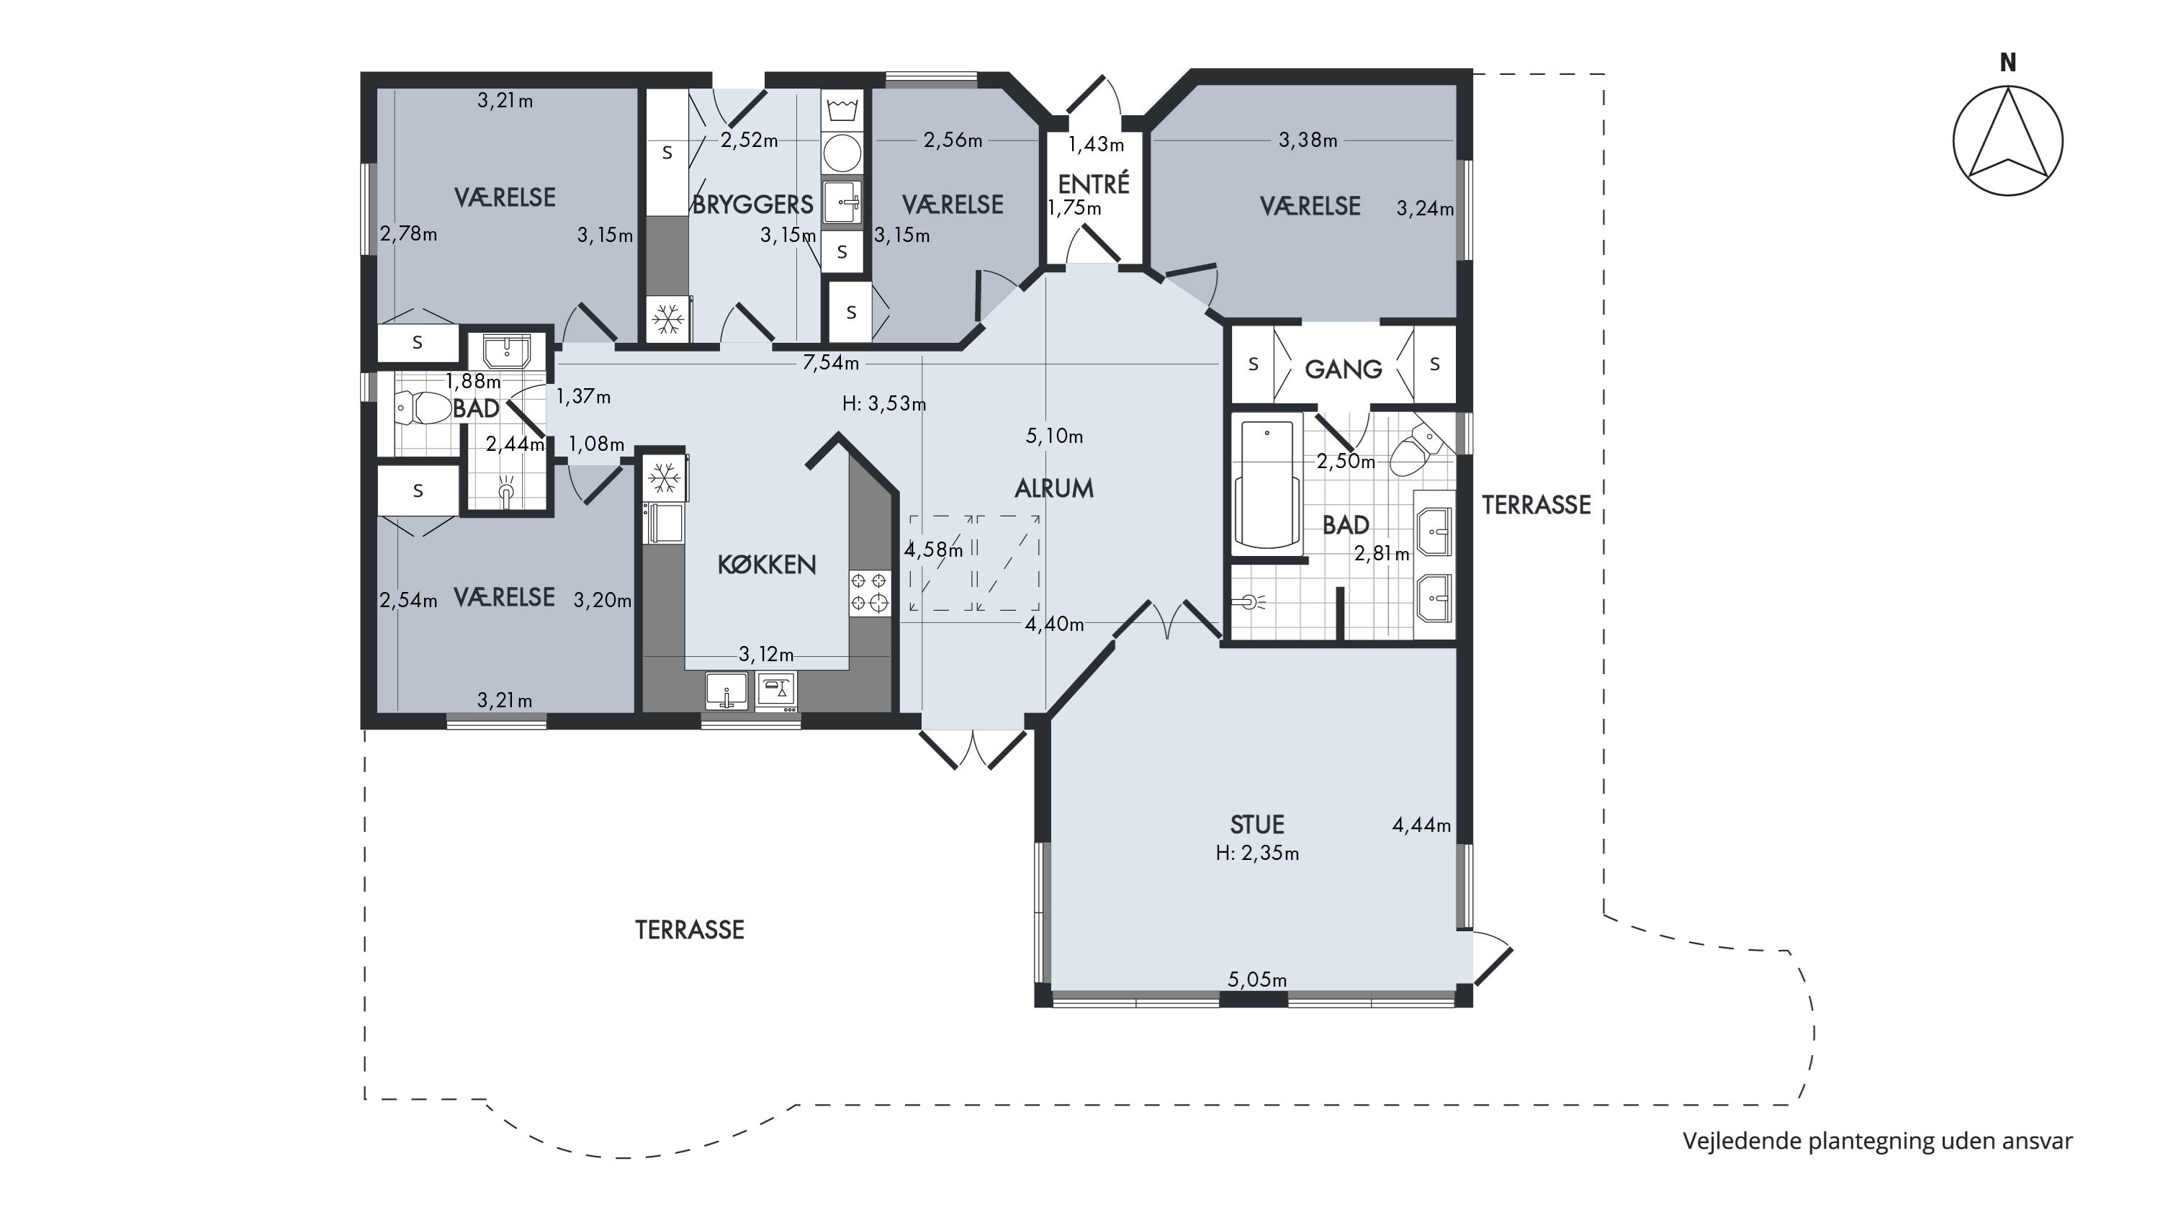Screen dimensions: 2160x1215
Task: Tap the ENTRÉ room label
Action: pyautogui.click(x=1094, y=184)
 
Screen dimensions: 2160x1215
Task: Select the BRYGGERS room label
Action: pyautogui.click(x=752, y=205)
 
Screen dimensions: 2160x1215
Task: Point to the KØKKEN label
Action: pyautogui.click(x=766, y=565)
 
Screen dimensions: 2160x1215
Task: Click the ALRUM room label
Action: pyautogui.click(x=1054, y=489)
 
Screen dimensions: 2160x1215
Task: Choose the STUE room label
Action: pyautogui.click(x=1257, y=824)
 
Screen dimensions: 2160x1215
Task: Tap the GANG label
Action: pyautogui.click(x=1344, y=369)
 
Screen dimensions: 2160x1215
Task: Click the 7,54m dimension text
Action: pyautogui.click(x=831, y=363)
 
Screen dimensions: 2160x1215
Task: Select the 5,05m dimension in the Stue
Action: pyautogui.click(x=1257, y=979)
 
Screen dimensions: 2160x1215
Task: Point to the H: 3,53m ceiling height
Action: pyautogui.click(x=883, y=404)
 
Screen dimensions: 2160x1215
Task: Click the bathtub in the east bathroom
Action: pyautogui.click(x=1267, y=485)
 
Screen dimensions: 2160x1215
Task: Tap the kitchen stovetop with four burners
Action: pyautogui.click(x=869, y=592)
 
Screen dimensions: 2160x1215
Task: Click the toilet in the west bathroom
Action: pyautogui.click(x=423, y=408)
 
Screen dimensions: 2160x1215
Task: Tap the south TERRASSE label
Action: pyautogui.click(x=689, y=930)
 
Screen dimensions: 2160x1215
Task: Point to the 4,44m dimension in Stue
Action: pyautogui.click(x=1421, y=826)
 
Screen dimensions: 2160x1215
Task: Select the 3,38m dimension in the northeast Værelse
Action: pyautogui.click(x=1308, y=140)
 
